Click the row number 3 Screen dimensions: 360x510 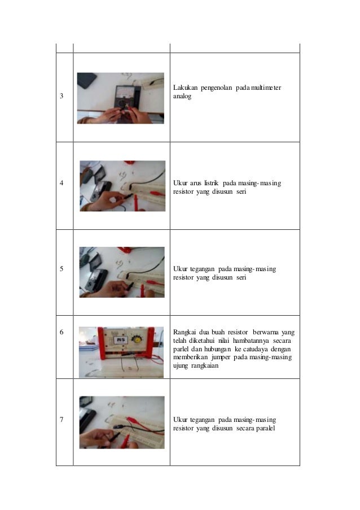tap(62, 96)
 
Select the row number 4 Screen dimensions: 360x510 tap(62, 183)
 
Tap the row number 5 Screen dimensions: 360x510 tap(62, 269)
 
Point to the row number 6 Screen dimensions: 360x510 tap(62, 332)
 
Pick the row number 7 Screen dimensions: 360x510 tap(62, 420)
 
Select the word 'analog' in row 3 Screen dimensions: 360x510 tap(182, 97)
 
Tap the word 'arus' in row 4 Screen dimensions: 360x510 tap(196, 184)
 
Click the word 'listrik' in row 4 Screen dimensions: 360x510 tap(211, 183)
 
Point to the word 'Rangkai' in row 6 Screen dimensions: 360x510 tap(184, 333)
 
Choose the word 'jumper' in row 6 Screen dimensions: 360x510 tap(221, 358)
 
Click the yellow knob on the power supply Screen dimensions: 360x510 tap(138, 339)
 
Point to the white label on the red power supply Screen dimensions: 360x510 tap(120, 340)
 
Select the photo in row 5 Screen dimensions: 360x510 tap(122, 272)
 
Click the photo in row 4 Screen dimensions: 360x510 tap(122, 186)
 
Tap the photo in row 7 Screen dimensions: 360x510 tap(122, 422)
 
